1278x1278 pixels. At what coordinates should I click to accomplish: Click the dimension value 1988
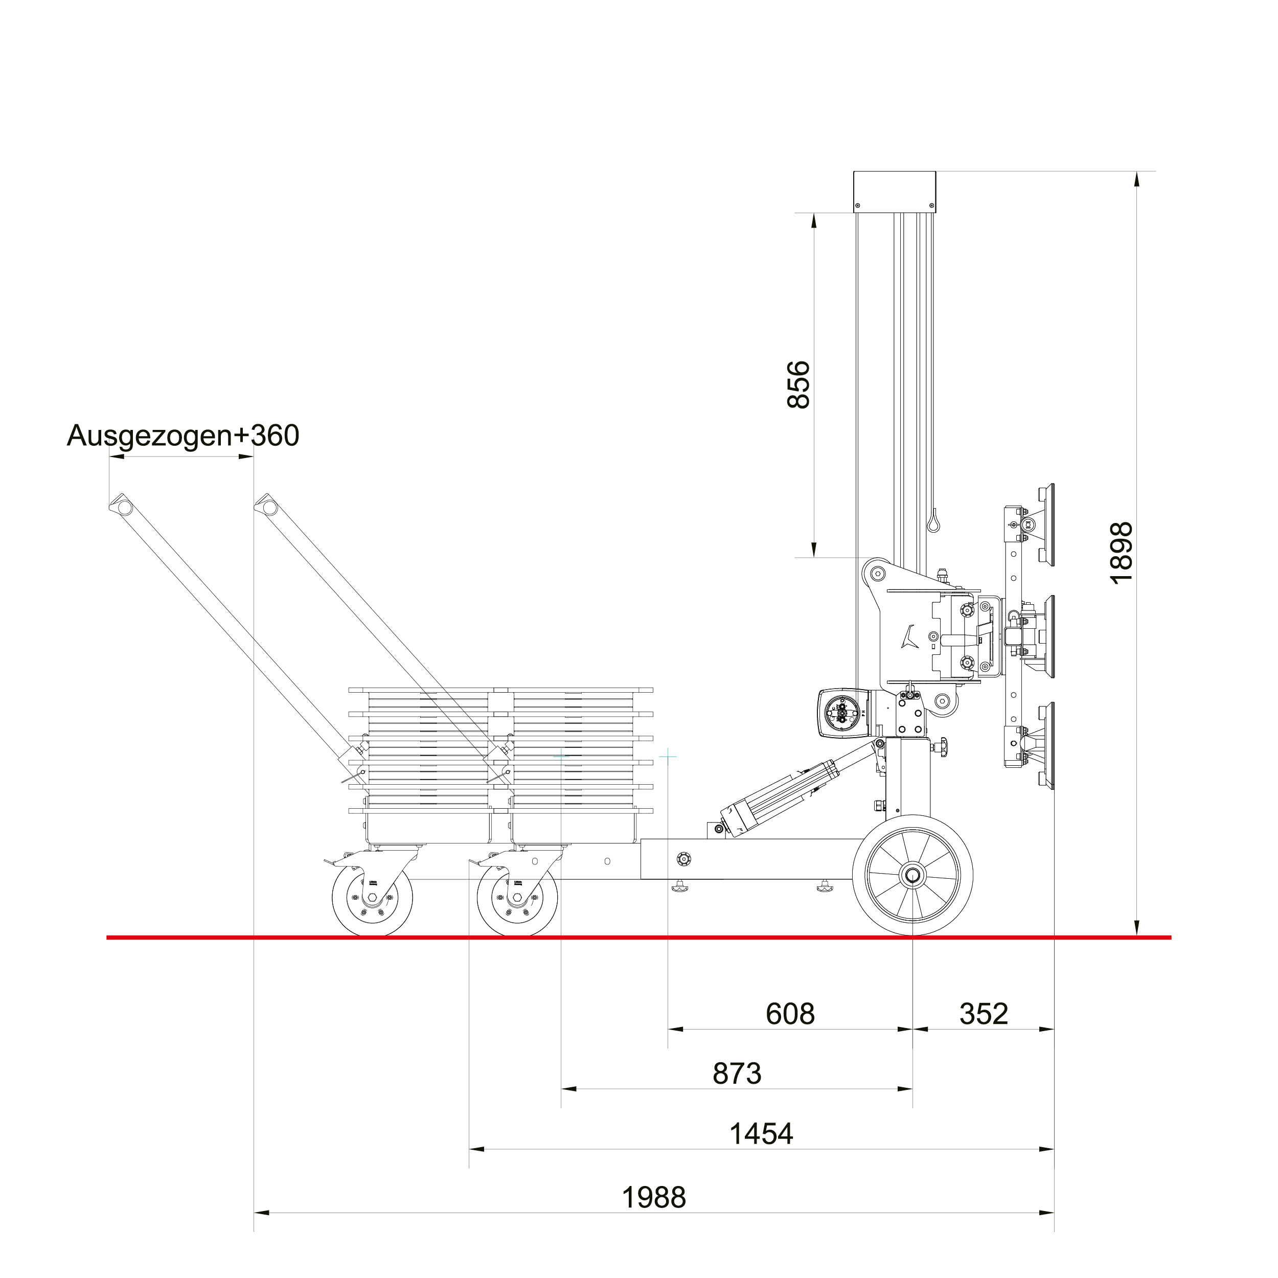point(653,1197)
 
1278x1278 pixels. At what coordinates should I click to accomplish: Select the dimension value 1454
point(761,1134)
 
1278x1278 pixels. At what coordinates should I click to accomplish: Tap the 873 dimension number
point(737,1074)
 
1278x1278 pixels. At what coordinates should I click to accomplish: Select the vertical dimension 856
point(799,384)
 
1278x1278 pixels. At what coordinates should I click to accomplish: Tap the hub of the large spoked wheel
point(913,876)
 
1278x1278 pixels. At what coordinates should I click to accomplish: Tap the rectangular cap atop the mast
point(894,191)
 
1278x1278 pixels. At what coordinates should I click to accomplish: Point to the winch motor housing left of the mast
point(843,713)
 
